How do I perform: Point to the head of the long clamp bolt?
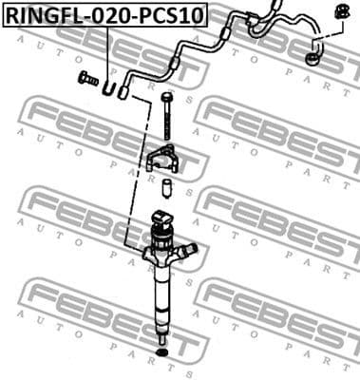tap(167, 97)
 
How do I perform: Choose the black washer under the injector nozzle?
tap(162, 355)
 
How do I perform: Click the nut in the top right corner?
tap(336, 13)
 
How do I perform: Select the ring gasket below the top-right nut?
tap(313, 61)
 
